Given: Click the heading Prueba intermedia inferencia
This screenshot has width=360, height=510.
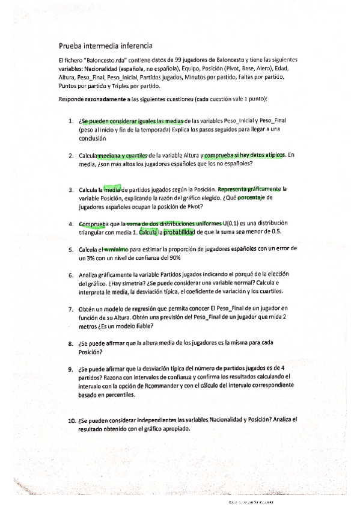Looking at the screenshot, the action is point(105,45).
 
